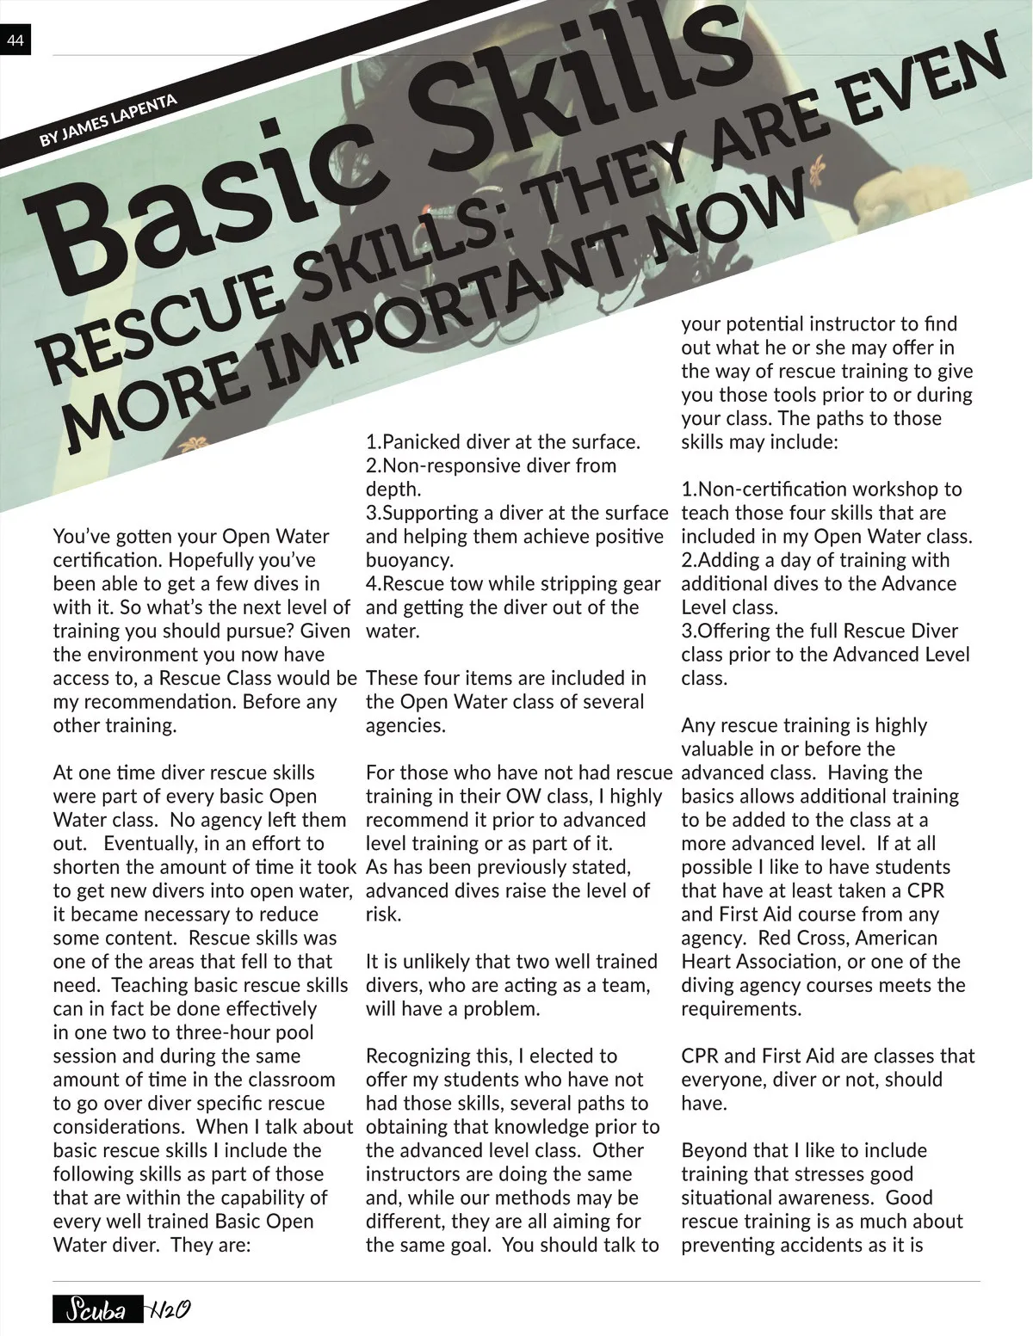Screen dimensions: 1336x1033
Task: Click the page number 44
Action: (15, 40)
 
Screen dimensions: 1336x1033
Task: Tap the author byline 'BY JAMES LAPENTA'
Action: (108, 120)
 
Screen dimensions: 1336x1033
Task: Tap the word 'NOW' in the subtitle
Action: (732, 215)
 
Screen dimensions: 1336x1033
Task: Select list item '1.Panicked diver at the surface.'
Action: (503, 442)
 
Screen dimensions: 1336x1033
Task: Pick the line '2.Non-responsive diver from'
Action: (491, 465)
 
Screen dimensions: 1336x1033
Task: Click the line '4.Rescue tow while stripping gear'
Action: (513, 583)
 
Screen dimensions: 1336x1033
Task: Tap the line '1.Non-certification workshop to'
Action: (821, 489)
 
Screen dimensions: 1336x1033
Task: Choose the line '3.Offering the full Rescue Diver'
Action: (820, 631)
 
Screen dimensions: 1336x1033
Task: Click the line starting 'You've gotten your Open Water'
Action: (191, 537)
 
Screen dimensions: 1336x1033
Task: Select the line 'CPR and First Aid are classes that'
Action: (827, 1056)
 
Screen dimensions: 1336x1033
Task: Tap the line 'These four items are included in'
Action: (505, 678)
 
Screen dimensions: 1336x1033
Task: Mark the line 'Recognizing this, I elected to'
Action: (492, 1056)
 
